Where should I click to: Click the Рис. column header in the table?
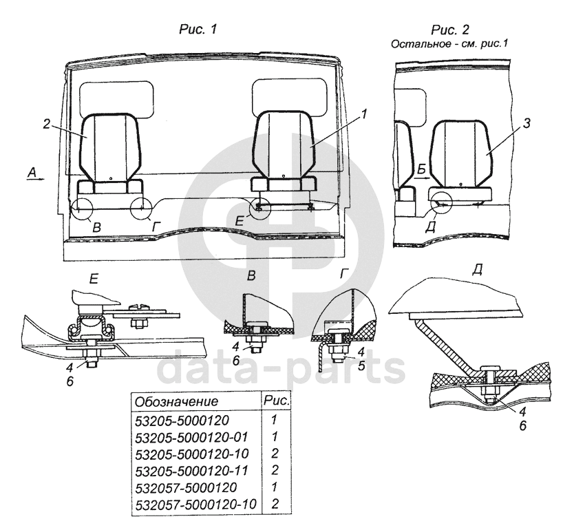tap(276, 400)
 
